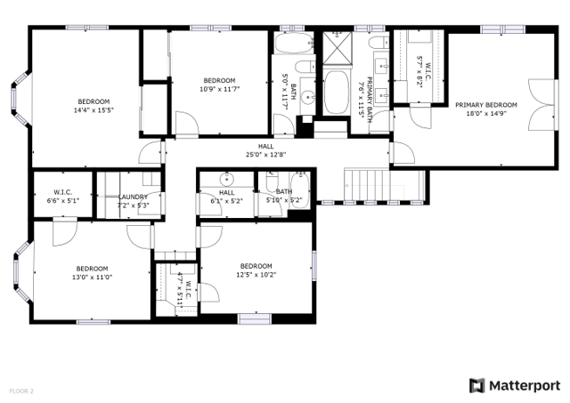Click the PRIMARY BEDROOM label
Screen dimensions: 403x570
[x=485, y=104]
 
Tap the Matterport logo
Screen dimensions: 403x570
[x=514, y=385]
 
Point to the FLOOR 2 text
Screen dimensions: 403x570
[x=21, y=391]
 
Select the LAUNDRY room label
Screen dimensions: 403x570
[x=133, y=197]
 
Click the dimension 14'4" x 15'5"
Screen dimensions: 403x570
[x=94, y=110]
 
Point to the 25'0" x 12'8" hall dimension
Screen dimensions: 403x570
[x=266, y=155]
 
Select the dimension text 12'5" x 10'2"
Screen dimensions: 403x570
[x=256, y=275]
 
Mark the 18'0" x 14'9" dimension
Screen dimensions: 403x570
[x=485, y=113]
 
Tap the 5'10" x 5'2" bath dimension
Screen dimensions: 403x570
[x=283, y=200]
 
